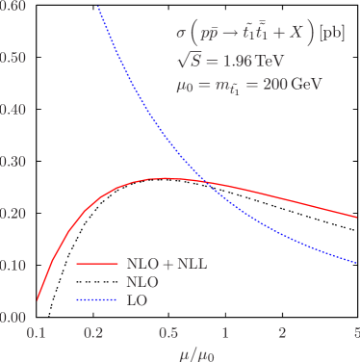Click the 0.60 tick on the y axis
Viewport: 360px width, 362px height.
coord(13,7)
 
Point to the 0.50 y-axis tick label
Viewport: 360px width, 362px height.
coord(13,58)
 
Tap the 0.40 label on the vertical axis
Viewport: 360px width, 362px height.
coord(13,110)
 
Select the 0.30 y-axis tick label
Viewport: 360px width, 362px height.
coord(13,162)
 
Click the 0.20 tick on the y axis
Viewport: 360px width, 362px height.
coord(13,214)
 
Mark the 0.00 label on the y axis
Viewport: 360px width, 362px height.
coord(13,317)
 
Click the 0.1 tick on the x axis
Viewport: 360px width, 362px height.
coord(38,333)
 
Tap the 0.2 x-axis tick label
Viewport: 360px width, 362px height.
coord(94,333)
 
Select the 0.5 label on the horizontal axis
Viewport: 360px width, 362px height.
coord(168,333)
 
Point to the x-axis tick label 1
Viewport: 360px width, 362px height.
coord(225,333)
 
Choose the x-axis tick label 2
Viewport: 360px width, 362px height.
coord(282,333)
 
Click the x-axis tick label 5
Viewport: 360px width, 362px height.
coord(355,333)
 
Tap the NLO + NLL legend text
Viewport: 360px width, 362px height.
coord(167,263)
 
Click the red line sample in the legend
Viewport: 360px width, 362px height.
coord(96,264)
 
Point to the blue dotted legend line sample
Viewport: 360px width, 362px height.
coord(96,301)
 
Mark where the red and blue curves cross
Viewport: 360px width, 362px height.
coord(207,180)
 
